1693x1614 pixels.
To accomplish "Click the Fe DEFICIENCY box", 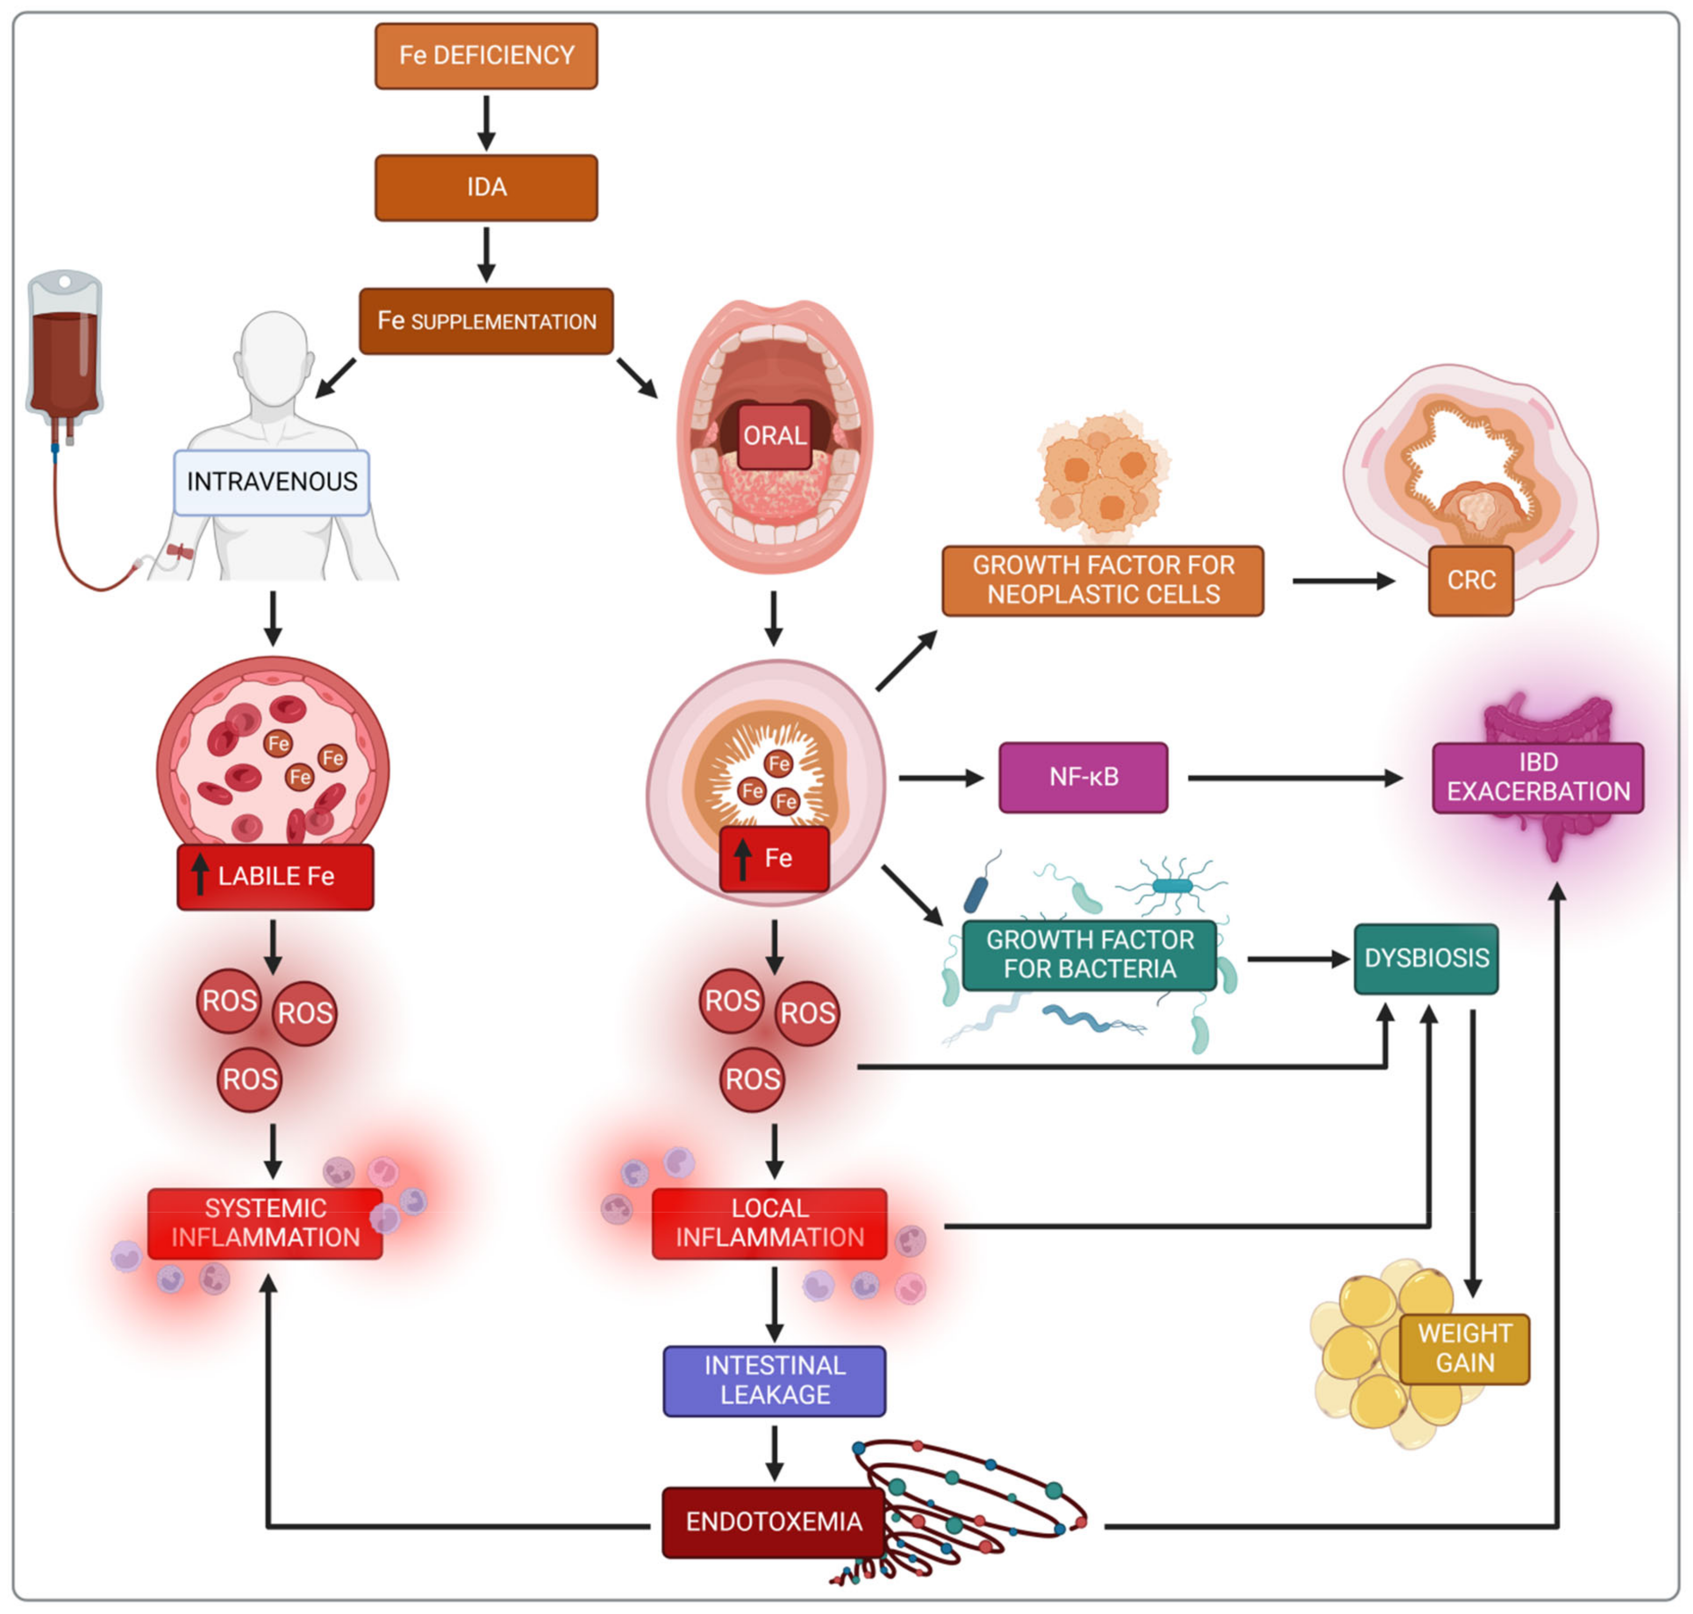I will (x=486, y=56).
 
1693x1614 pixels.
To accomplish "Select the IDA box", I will (x=486, y=188).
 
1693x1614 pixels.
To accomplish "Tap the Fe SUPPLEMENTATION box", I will (x=486, y=321).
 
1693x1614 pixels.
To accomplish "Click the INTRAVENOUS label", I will (x=272, y=482).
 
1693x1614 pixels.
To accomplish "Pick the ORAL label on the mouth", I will (x=775, y=436).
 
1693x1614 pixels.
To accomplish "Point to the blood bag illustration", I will (x=65, y=353).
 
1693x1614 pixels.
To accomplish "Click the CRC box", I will (x=1471, y=581).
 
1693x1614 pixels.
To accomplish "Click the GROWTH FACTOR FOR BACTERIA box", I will (x=1090, y=955).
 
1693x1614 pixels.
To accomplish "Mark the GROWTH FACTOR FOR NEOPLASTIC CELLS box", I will (x=1103, y=581).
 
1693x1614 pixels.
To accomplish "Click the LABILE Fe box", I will (x=276, y=877).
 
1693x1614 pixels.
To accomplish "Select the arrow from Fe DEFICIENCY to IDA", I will (x=486, y=122).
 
